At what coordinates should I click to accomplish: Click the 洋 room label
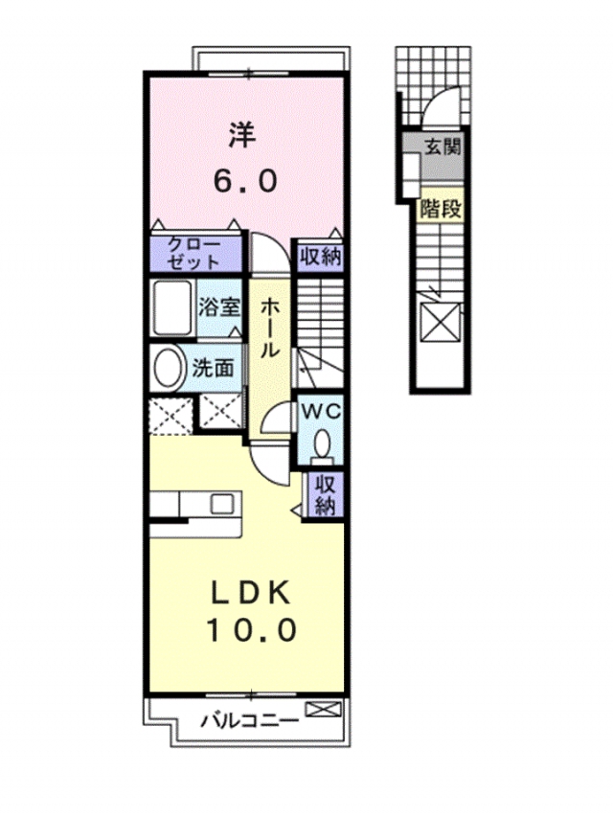pos(243,134)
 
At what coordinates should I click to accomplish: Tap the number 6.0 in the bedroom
pos(244,181)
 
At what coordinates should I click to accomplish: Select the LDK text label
pos(251,594)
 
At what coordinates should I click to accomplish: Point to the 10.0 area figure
pos(252,629)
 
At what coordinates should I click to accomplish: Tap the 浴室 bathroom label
pos(219,306)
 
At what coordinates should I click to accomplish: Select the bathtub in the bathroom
pos(171,307)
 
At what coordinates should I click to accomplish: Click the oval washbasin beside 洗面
pos(168,368)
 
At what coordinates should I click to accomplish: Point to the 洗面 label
pos(212,369)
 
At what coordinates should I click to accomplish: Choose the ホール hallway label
pos(269,328)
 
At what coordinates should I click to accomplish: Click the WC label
pos(323,412)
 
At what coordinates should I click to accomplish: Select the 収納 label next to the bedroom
pos(320,256)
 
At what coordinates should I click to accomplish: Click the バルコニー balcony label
pos(251,721)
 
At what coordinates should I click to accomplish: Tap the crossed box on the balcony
pos(323,709)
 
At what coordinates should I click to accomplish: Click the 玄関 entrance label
pos(443,147)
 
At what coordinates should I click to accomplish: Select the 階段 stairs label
pos(442,209)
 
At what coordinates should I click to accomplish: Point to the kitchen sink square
pos(221,504)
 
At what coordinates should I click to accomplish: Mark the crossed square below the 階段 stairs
pos(440,322)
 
